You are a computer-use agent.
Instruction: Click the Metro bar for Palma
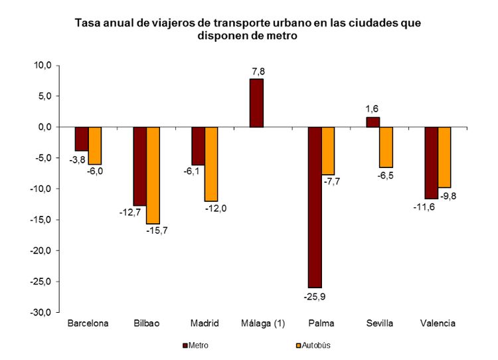[x=315, y=207]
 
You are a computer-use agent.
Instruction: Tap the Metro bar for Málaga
[x=256, y=103]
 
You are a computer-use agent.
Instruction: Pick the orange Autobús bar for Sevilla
[x=386, y=147]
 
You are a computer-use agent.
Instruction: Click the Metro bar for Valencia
[x=432, y=163]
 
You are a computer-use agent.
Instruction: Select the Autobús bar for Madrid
[x=211, y=164]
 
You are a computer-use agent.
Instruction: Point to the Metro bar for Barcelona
[x=81, y=139]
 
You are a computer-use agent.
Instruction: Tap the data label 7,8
[x=257, y=70]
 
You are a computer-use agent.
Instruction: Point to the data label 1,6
[x=373, y=108]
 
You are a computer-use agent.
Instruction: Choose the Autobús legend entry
[x=313, y=345]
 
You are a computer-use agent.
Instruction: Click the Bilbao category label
[x=146, y=323]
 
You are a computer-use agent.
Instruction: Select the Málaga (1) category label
[x=263, y=323]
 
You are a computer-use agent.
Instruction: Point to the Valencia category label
[x=438, y=323]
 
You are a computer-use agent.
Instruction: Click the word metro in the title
[x=279, y=37]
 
